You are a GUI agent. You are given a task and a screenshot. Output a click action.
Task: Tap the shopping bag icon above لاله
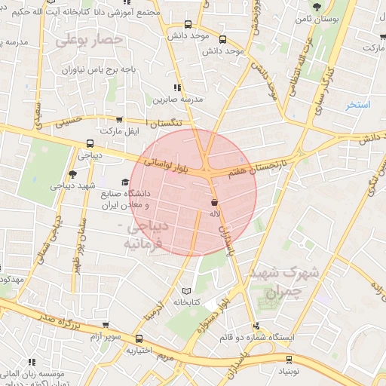(215, 202)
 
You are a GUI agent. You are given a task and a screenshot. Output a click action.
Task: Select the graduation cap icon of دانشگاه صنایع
(125, 181)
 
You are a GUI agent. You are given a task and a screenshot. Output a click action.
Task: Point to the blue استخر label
(357, 105)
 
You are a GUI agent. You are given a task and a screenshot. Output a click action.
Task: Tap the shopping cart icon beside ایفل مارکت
(119, 120)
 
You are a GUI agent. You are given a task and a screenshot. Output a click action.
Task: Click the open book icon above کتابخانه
(186, 290)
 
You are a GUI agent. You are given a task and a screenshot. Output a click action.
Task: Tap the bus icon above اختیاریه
(139, 339)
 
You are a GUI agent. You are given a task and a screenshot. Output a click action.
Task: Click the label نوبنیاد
(284, 372)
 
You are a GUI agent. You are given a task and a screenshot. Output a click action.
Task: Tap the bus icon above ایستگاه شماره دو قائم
(258, 326)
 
